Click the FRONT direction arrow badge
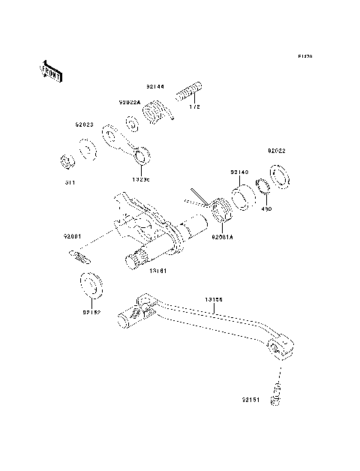point(52,70)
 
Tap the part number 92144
point(155,88)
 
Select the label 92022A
point(128,102)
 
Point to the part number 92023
point(83,125)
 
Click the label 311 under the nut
point(68,181)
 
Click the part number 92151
point(251,400)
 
